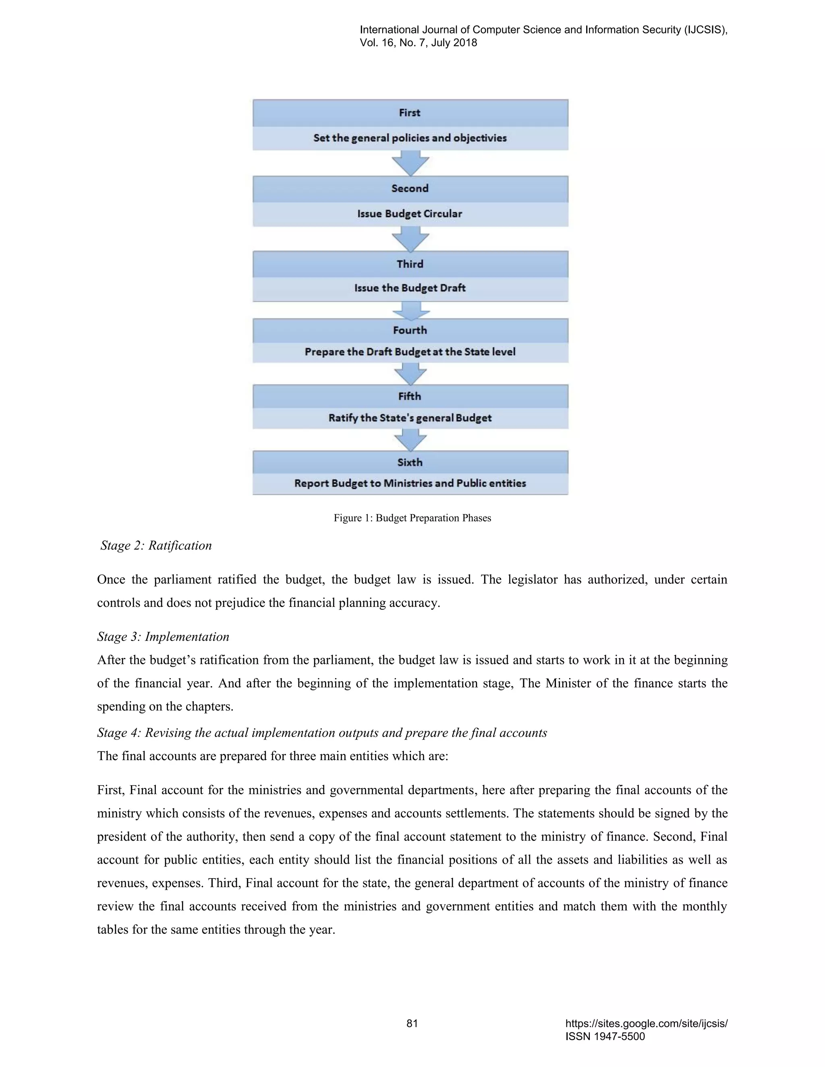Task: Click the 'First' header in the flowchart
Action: (410, 113)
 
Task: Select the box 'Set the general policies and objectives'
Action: (410, 138)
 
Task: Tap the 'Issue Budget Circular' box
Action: (410, 214)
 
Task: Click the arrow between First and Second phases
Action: (410, 163)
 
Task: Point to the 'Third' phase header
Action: (410, 264)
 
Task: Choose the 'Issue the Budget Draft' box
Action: (410, 288)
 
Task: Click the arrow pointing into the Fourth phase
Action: (410, 310)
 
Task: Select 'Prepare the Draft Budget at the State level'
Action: (410, 352)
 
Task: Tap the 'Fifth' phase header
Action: (410, 396)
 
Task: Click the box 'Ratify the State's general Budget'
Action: (410, 418)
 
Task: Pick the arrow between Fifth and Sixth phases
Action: (410, 440)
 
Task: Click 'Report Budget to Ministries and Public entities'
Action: (410, 484)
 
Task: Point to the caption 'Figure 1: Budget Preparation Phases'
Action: (412, 518)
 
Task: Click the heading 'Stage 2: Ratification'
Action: (156, 546)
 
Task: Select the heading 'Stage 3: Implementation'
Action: (163, 637)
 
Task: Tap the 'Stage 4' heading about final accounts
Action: (321, 733)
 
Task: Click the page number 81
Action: (412, 1024)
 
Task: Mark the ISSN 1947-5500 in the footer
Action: (605, 1036)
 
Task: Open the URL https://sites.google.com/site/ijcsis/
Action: (646, 1024)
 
